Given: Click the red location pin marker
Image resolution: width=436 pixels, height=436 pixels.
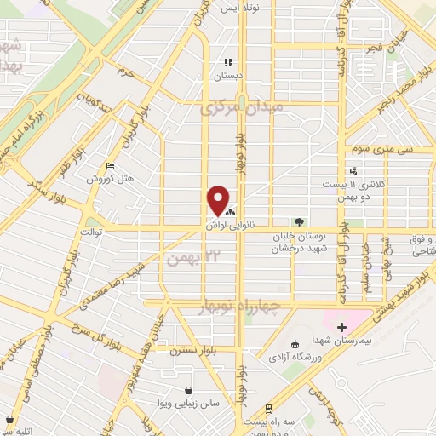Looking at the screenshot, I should click(x=218, y=201).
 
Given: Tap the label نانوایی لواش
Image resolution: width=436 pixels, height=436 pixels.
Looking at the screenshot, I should click(x=225, y=225).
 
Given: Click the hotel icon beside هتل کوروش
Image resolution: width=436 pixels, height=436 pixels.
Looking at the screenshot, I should click(x=110, y=165).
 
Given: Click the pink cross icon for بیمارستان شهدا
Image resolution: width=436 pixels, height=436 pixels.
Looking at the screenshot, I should click(x=342, y=327).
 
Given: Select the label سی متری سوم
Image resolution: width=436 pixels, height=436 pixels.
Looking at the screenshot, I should click(x=382, y=148).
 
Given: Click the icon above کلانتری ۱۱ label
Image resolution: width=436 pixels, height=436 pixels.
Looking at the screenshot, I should click(x=353, y=170).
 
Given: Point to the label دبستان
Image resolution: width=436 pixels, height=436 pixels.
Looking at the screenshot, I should click(x=227, y=76).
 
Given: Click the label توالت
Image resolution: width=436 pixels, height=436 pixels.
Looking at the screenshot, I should click(x=91, y=231).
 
